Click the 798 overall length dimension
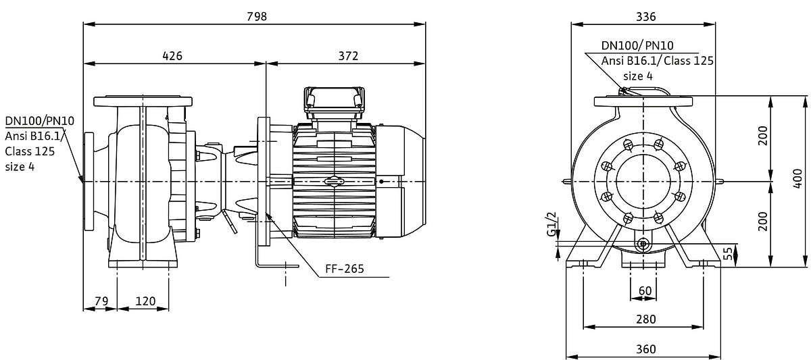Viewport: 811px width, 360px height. [257, 17]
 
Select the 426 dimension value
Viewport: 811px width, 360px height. [172, 56]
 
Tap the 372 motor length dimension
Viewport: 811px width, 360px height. [348, 56]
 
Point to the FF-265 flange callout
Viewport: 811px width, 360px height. [344, 269]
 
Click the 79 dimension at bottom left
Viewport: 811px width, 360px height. [102, 301]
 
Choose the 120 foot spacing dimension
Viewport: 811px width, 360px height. [145, 301]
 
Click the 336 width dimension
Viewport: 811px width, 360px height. [646, 17]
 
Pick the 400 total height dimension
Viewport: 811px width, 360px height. [798, 178]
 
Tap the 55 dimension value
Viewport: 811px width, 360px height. [728, 253]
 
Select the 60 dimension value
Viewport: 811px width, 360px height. [645, 291]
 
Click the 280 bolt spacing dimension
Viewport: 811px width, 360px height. [646, 319]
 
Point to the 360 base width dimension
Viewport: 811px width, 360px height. [646, 349]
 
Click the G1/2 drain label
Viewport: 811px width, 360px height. [551, 224]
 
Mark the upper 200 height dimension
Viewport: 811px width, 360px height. [763, 136]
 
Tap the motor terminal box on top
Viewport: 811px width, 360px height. [334, 103]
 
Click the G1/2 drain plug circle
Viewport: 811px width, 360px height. [643, 245]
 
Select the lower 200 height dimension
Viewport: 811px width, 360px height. [763, 222]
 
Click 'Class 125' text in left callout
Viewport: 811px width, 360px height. [30, 151]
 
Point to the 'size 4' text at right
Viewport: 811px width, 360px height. [638, 76]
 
